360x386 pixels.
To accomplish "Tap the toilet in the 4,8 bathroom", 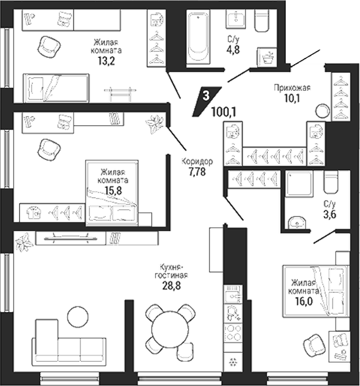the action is click(x=262, y=21).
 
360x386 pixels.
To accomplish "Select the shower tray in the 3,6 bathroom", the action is click(x=299, y=184).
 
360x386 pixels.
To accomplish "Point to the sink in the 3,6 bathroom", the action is click(x=297, y=222).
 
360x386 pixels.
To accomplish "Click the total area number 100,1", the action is click(x=224, y=113).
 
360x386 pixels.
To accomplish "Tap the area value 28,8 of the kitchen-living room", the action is click(x=171, y=286).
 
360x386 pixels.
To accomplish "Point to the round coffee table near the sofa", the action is click(x=78, y=317).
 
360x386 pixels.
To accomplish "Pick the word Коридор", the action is click(x=197, y=161).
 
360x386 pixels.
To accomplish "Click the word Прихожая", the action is click(x=292, y=88).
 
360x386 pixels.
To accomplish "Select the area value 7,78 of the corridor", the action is click(x=197, y=172).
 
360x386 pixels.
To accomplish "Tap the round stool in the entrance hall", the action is click(x=323, y=111).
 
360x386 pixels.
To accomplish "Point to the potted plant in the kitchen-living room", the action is click(x=24, y=242).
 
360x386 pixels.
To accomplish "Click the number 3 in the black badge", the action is click(x=206, y=95).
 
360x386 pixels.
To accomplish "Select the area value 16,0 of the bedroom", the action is click(x=305, y=301).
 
